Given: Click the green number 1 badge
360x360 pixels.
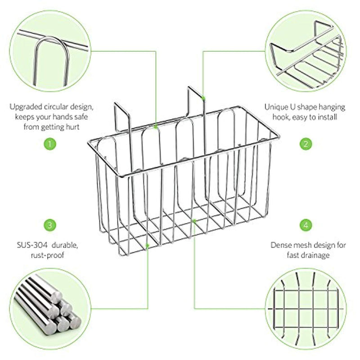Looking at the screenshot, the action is (50, 144).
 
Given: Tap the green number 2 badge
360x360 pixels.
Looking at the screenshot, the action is (306, 144).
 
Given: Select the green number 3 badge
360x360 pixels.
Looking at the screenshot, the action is (50, 225).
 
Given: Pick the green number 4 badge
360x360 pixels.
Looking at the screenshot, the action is (306, 225).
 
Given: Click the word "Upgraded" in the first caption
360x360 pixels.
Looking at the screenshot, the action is (26, 107).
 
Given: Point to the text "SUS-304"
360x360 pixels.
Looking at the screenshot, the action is (32, 245).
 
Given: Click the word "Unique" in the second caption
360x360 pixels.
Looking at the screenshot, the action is (275, 107).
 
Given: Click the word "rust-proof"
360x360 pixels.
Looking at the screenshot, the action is (48, 255).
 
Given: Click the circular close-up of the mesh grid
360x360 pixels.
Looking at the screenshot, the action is (306, 309).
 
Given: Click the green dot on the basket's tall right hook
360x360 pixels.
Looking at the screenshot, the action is (203, 98).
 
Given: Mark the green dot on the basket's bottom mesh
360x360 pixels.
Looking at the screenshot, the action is (194, 221).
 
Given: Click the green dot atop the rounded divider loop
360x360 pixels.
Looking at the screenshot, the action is (156, 127).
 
